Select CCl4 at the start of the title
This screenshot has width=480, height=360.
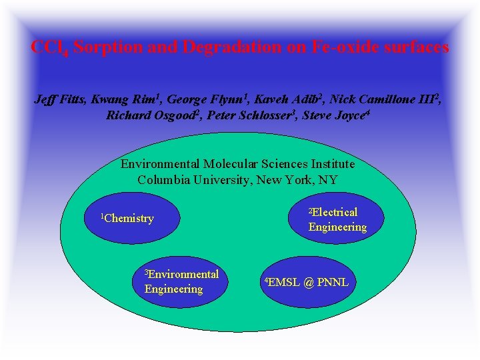pos(49,48)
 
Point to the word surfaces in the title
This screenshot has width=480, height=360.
pos(413,48)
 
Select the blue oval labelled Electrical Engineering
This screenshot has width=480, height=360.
pos(337,219)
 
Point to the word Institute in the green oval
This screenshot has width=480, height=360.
pos(330,164)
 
